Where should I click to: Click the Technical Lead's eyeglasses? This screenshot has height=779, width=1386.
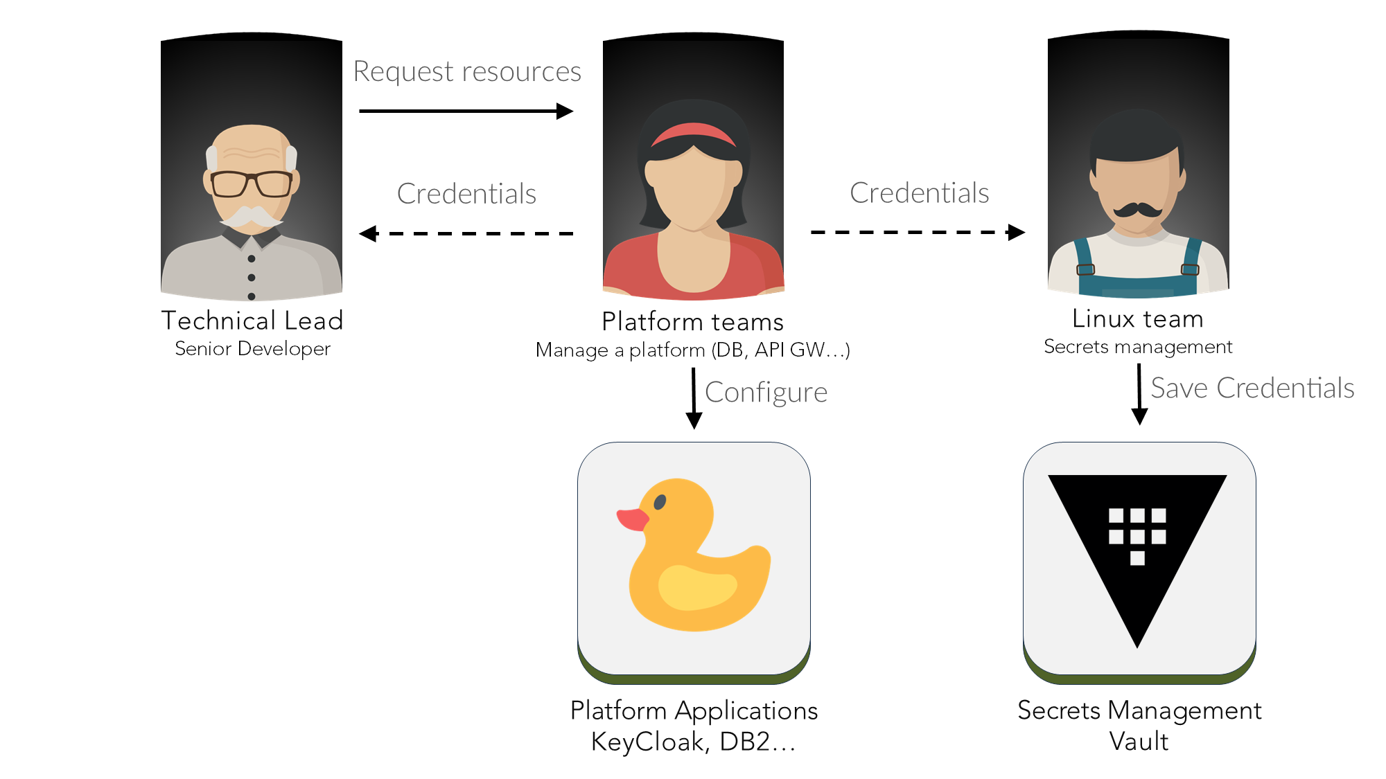point(251,183)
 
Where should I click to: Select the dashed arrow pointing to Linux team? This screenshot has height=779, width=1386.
point(918,232)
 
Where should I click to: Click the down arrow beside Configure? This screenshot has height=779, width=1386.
point(694,398)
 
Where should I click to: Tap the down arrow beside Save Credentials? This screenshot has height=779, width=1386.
point(1139,394)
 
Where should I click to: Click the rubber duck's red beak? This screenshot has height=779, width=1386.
point(632,519)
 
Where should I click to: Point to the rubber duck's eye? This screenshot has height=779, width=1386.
point(660,502)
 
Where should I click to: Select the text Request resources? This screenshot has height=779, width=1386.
point(467,71)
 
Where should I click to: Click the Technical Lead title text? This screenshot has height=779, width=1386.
point(252,321)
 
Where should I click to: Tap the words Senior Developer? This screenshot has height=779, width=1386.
point(252,348)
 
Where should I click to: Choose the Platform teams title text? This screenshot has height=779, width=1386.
point(692,322)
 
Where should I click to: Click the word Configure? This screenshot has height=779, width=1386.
point(766,393)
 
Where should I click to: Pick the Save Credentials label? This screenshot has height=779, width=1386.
point(1252,388)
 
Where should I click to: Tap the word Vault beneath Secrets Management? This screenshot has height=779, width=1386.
point(1139,742)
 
